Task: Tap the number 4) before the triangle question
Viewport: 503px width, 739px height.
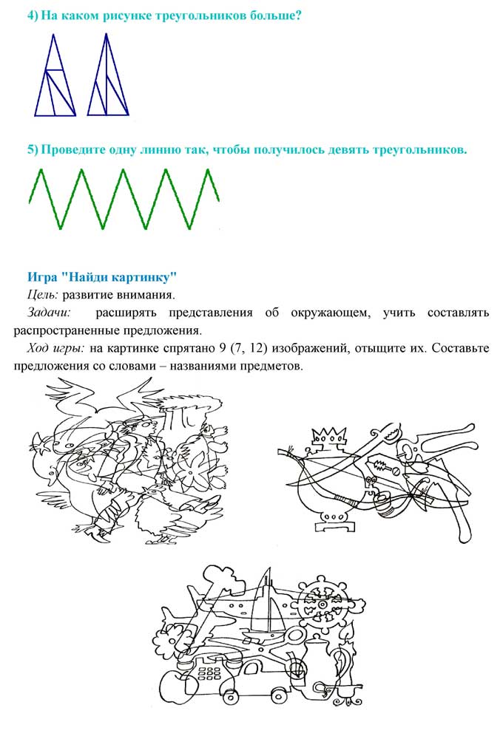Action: (x=33, y=16)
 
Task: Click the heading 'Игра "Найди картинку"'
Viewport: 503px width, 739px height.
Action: (x=102, y=277)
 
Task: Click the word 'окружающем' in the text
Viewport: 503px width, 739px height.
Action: (x=327, y=313)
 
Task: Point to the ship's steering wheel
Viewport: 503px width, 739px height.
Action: (x=325, y=602)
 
